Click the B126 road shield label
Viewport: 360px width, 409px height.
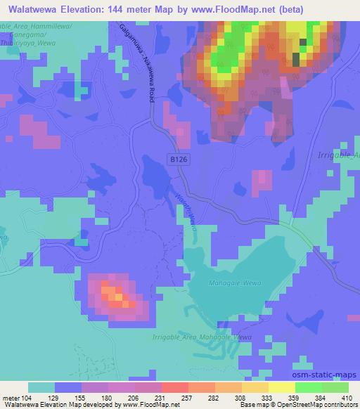pyautogui.click(x=179, y=160)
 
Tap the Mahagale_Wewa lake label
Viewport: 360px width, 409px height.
pyautogui.click(x=229, y=283)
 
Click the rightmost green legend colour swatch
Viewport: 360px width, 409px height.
pyautogui.click(x=335, y=387)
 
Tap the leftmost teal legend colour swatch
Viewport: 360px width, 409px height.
pyautogui.click(x=41, y=387)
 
